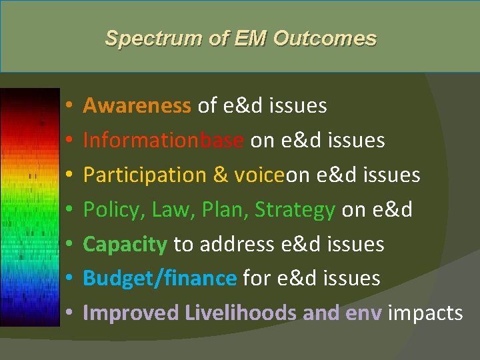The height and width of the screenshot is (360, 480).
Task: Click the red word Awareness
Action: [x=137, y=105]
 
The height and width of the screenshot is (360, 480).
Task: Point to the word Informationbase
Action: [x=163, y=140]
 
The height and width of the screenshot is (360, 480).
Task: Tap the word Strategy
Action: [x=295, y=209]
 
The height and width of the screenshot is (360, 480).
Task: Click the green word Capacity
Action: [x=125, y=244]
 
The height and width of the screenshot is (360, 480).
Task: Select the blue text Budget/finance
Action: [x=159, y=278]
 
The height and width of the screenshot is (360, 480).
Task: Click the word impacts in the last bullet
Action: [x=425, y=313]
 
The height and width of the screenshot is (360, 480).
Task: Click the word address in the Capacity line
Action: [x=235, y=244]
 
